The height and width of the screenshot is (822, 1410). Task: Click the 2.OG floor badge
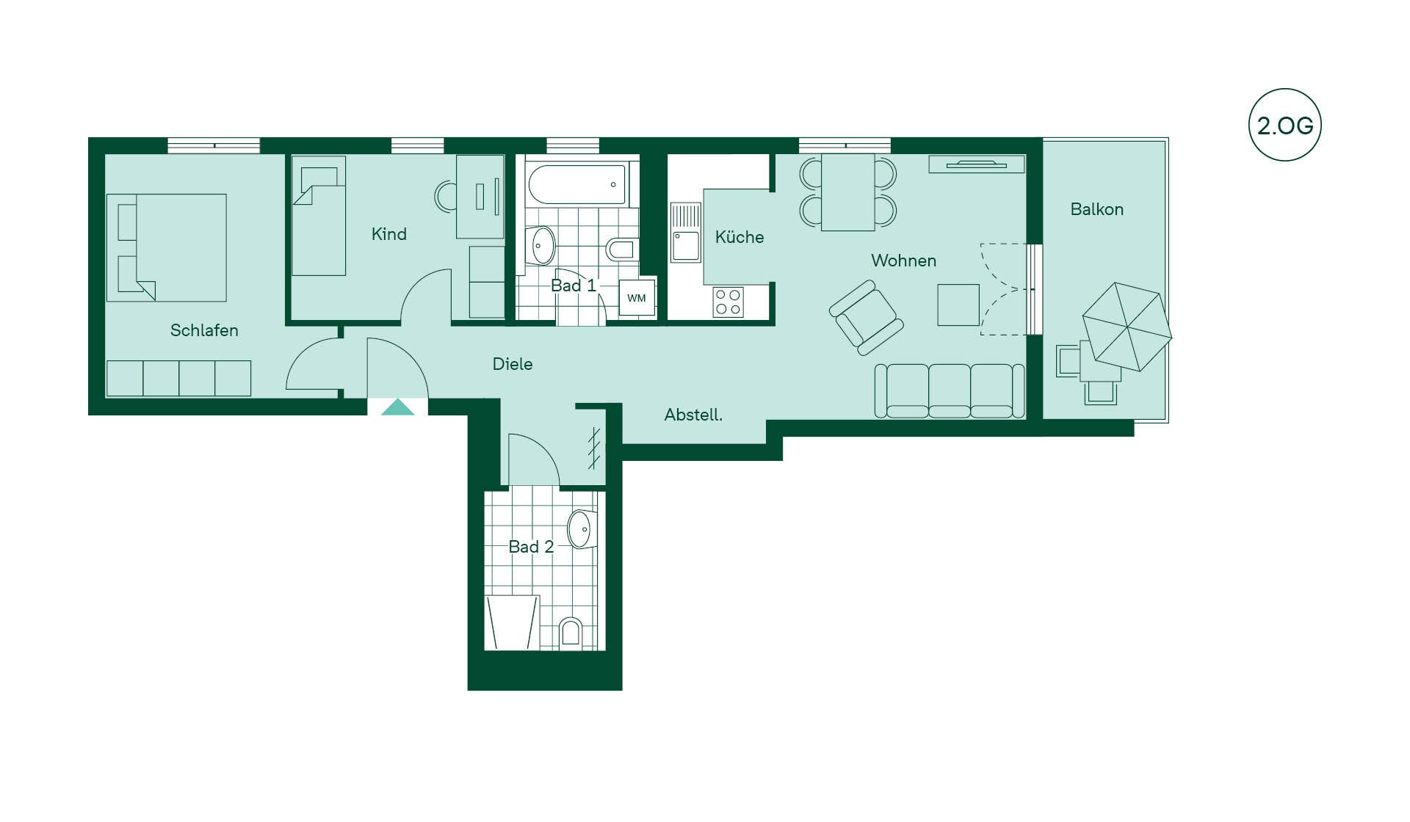click(1284, 125)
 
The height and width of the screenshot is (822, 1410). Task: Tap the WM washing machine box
click(637, 298)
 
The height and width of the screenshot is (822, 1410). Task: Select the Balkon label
click(1097, 209)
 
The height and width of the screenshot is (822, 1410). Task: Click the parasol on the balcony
click(1127, 327)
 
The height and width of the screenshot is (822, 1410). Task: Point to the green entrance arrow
click(397, 407)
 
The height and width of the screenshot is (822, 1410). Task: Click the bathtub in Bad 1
click(577, 184)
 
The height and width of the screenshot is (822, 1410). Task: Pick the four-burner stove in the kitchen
click(728, 302)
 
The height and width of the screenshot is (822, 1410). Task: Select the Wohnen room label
click(903, 261)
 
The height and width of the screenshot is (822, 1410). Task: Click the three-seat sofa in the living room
click(950, 391)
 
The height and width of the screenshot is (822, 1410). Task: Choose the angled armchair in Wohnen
click(866, 317)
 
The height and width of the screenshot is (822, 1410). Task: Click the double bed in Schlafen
click(167, 247)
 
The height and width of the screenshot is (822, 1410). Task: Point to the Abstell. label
click(693, 415)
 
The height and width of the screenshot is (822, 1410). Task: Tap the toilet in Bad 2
click(571, 633)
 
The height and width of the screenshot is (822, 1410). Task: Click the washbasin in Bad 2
click(581, 529)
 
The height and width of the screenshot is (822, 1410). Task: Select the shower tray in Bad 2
click(513, 622)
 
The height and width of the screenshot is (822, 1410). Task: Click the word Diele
click(513, 364)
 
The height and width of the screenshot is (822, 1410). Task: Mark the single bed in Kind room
click(319, 216)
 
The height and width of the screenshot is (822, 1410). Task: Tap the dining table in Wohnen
click(848, 192)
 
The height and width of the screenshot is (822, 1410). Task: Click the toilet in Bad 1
click(621, 249)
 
